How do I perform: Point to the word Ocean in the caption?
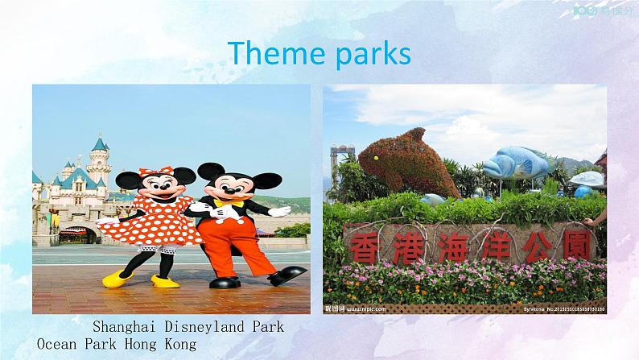(x=57, y=344)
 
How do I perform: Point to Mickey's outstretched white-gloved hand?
(x=278, y=211)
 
